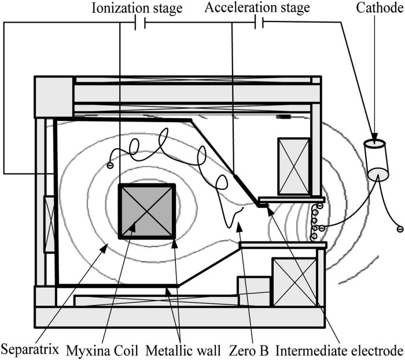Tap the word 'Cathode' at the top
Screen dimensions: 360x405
[x=373, y=8]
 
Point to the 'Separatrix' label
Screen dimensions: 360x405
[x=28, y=349]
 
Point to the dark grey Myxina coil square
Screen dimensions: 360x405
[x=146, y=211]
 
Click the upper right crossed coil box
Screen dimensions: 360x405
[x=294, y=166]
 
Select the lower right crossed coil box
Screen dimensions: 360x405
[x=294, y=282]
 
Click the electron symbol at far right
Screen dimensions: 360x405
[x=398, y=229]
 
